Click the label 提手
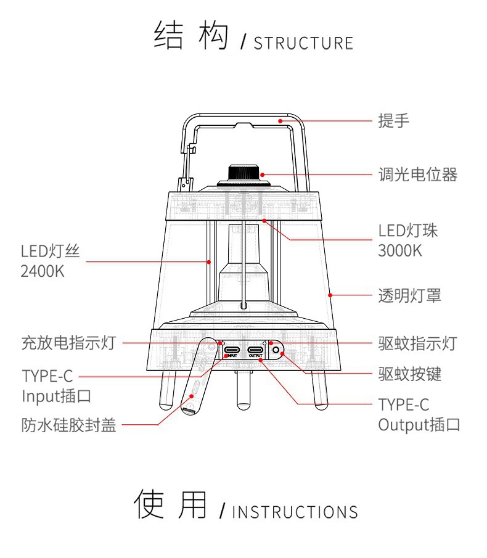pyautogui.click(x=393, y=121)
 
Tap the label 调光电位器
pyautogui.click(x=417, y=174)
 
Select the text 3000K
pyautogui.click(x=399, y=251)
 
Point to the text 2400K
pyautogui.click(x=43, y=271)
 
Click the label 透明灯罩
pyautogui.click(x=409, y=295)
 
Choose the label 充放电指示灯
pyautogui.click(x=68, y=342)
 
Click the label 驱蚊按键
pyautogui.click(x=409, y=373)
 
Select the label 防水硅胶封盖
pyautogui.click(x=68, y=425)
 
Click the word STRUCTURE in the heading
pyautogui.click(x=303, y=43)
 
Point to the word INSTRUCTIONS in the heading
pyautogui.click(x=295, y=512)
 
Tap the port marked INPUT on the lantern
pyautogui.click(x=232, y=351)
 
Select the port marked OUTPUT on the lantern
pyautogui.click(x=255, y=351)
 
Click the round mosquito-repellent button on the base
pyautogui.click(x=276, y=351)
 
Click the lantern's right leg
pyautogui.click(x=321, y=388)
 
